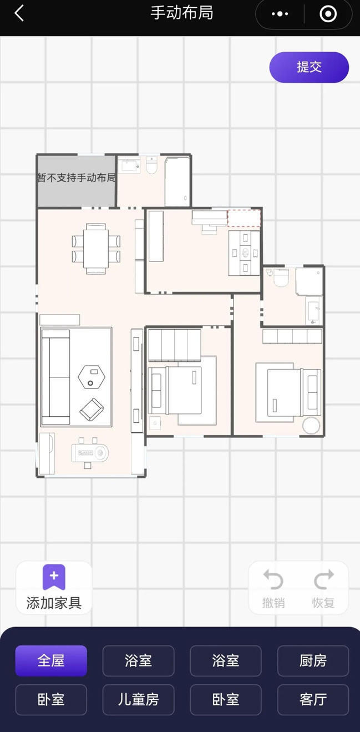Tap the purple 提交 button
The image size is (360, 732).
click(309, 67)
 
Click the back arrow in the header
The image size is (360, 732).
click(19, 13)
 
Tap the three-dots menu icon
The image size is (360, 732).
click(280, 14)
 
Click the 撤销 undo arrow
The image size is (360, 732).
click(273, 580)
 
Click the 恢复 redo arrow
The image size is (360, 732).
click(323, 580)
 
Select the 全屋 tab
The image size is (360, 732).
click(51, 660)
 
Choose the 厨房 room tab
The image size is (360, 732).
click(313, 660)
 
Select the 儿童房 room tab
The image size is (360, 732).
click(138, 699)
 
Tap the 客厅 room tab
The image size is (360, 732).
click(313, 699)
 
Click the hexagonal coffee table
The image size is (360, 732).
click(92, 377)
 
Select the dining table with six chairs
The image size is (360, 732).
click(96, 249)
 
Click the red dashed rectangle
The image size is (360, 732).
click(244, 218)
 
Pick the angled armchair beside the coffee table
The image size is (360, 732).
click(92, 409)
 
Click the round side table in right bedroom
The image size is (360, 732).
click(311, 425)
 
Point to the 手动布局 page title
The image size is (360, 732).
click(182, 13)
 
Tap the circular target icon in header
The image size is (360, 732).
click(328, 14)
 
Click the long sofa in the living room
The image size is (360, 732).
click(55, 377)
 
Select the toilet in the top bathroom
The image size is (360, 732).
click(152, 166)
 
